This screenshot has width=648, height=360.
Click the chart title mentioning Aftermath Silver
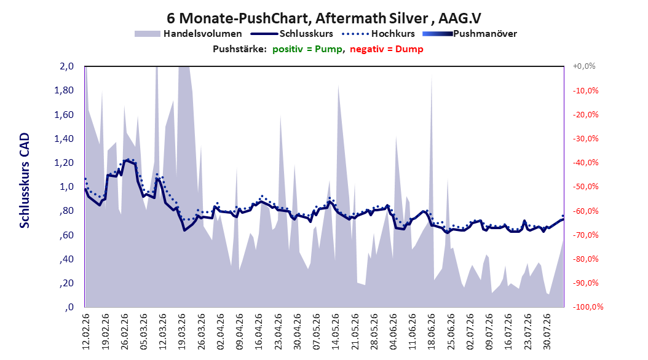323,18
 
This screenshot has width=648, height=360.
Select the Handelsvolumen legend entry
188,34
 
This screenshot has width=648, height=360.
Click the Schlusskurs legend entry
292,34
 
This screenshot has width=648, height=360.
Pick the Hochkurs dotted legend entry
378,34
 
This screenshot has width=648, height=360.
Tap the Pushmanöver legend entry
470,34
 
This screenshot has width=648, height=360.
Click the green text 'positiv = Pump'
307,49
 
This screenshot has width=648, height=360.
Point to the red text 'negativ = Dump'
387,49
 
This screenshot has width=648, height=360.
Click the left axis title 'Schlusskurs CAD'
25,181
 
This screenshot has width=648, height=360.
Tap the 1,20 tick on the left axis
64,163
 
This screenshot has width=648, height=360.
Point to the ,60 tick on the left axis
66,235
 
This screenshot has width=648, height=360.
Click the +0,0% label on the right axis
584,66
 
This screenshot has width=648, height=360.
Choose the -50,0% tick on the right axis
585,187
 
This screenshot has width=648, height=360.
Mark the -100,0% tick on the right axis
588,307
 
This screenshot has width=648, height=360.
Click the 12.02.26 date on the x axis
86,332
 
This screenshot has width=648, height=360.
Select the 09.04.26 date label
240,332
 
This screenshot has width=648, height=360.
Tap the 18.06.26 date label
432,332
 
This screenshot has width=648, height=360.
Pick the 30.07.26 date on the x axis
547,332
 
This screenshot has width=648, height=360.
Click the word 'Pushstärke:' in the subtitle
240,49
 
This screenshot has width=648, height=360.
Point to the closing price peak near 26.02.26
127,160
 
